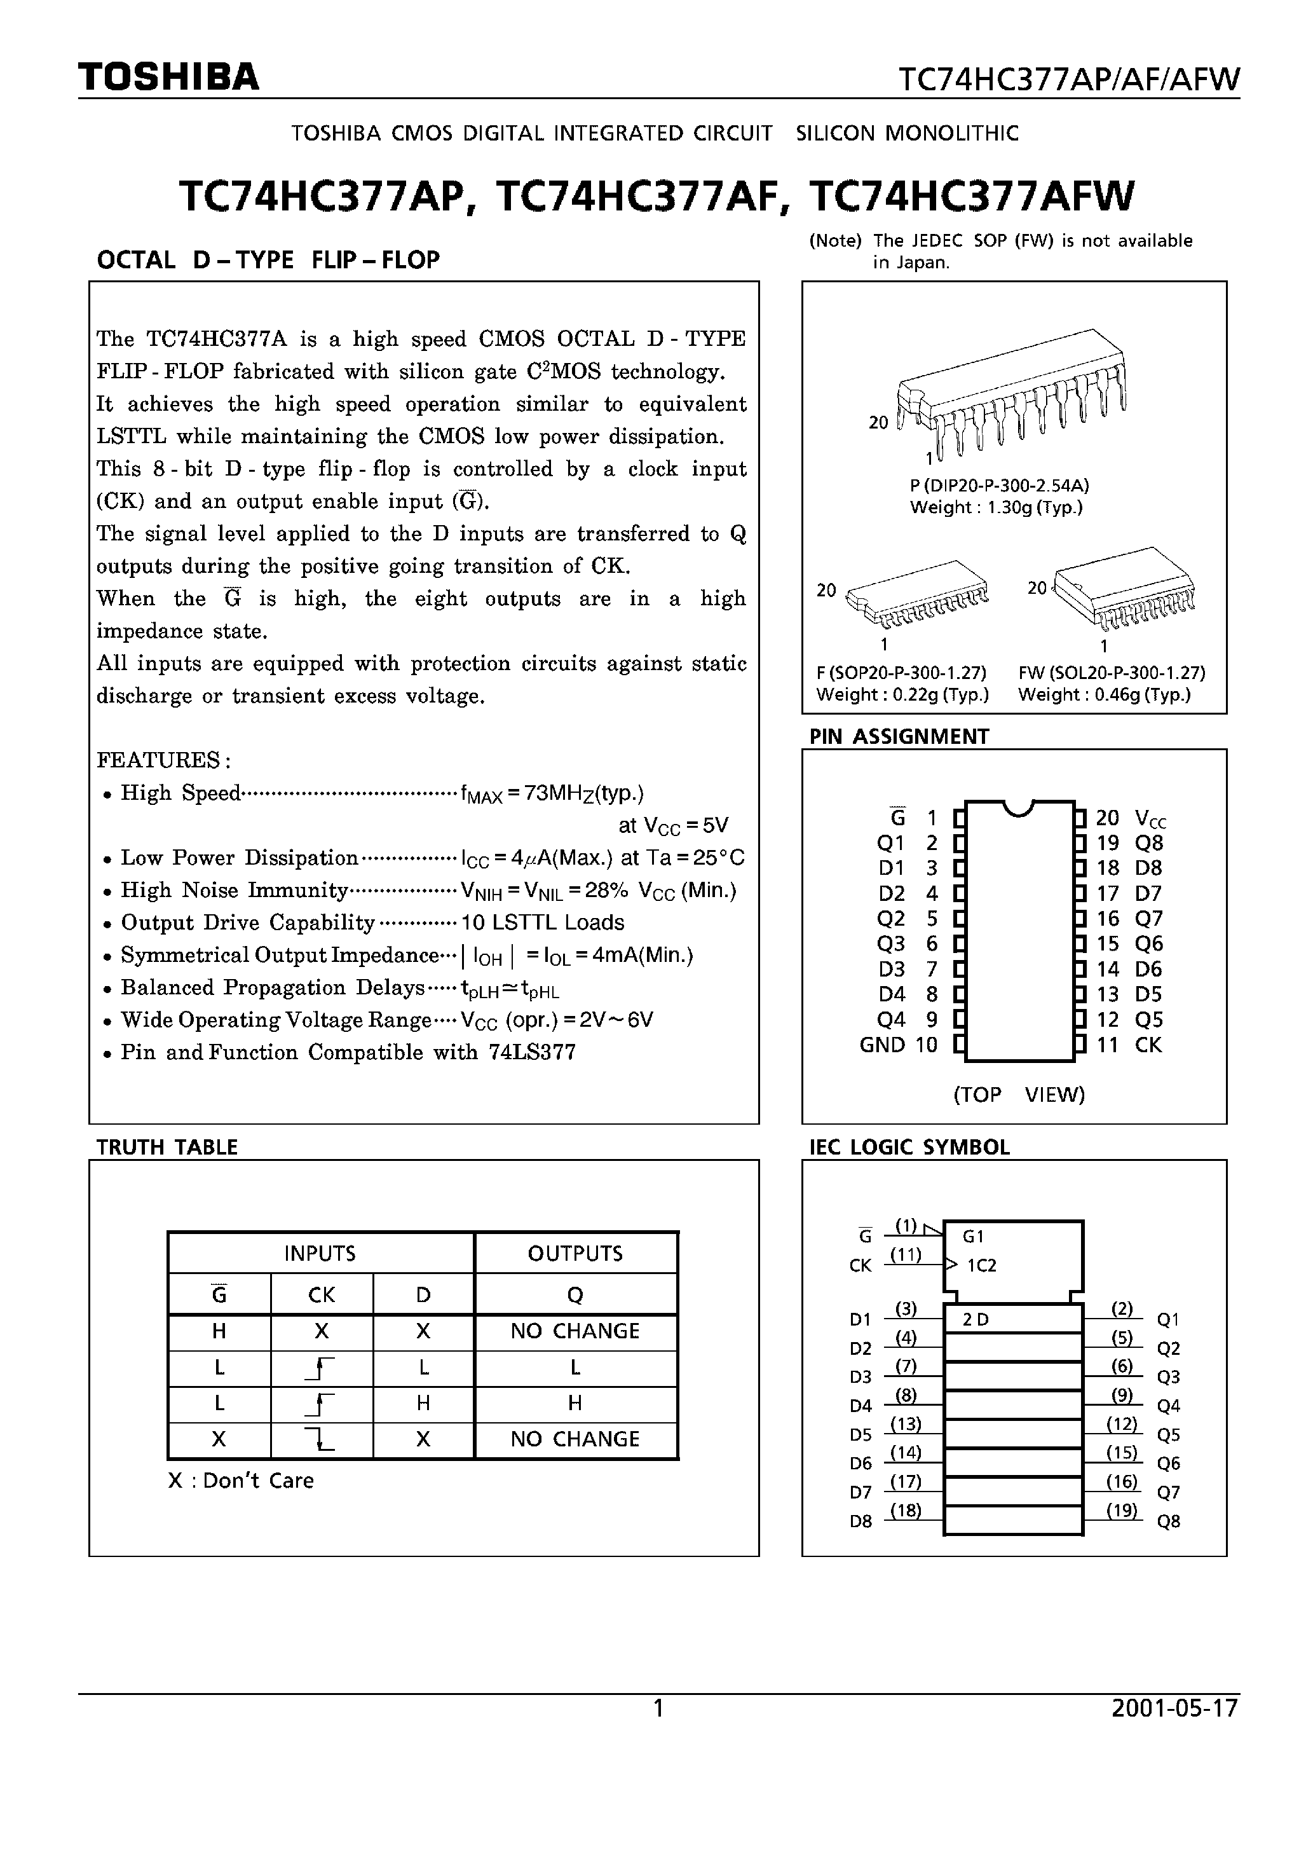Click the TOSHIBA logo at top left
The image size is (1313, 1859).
click(x=168, y=77)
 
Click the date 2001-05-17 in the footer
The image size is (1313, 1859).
click(x=1174, y=1708)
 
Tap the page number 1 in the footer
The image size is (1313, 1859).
click(x=658, y=1708)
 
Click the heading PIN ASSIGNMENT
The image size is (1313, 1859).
click(x=899, y=736)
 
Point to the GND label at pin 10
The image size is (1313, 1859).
click(x=882, y=1045)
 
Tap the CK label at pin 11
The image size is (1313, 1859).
click(x=1148, y=1045)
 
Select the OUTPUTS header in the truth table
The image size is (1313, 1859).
click(x=575, y=1253)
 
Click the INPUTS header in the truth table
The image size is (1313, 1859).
click(x=320, y=1253)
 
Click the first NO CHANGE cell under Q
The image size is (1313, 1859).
click(x=575, y=1331)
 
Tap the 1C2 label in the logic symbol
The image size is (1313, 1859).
click(x=981, y=1266)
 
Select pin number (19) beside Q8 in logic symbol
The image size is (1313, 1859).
click(x=1121, y=1509)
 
